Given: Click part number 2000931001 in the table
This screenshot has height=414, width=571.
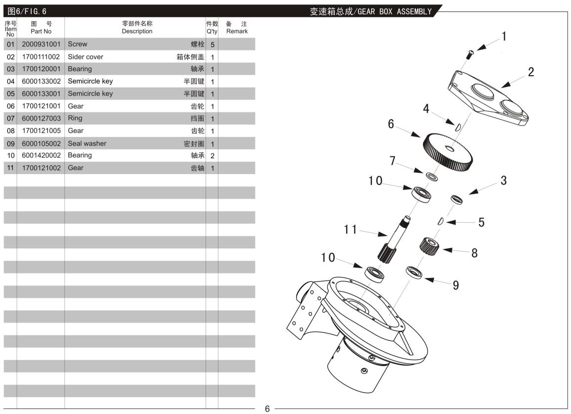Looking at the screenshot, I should (41, 44).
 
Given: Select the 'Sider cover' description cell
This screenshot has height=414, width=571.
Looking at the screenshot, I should (86, 56).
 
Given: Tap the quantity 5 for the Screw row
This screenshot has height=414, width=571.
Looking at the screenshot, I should (212, 45).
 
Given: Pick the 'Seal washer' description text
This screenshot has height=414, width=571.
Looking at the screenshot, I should (87, 143).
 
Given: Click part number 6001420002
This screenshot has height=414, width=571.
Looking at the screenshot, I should (41, 155).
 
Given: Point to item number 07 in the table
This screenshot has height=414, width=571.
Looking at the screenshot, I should (10, 118).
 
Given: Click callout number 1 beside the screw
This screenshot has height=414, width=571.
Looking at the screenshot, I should (504, 36).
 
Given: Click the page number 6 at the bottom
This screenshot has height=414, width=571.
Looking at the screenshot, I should (267, 409).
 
